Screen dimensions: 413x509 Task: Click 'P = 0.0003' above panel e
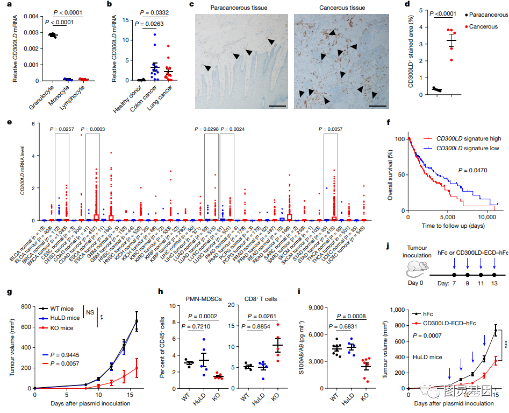pyautogui.click(x=92, y=129)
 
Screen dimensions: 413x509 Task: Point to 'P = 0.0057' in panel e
pyautogui.click(x=331, y=129)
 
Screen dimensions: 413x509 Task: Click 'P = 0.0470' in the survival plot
pyautogui.click(x=474, y=170)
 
